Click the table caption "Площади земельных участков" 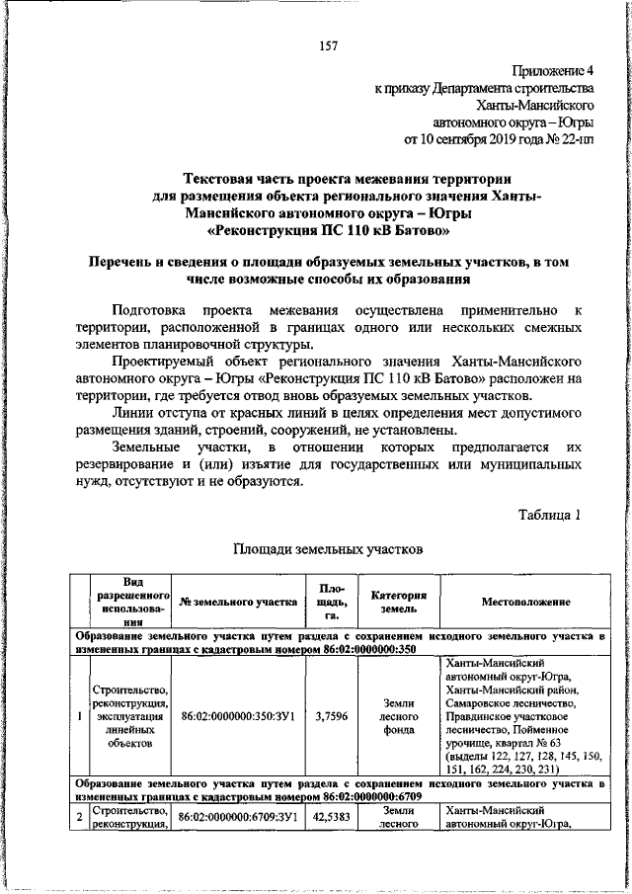pos(328,547)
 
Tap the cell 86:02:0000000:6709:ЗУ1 pos(237,818)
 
